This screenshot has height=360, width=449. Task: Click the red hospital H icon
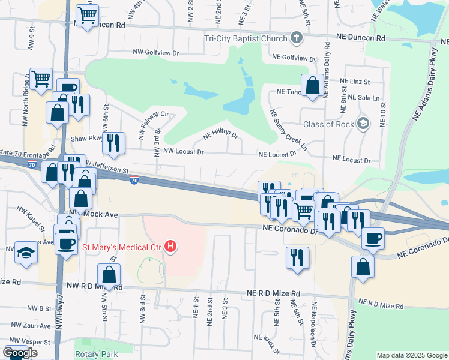click(172, 246)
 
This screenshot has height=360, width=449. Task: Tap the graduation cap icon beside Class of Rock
click(362, 124)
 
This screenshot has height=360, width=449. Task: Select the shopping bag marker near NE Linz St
click(312, 85)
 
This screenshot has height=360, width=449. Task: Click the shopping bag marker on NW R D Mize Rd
click(109, 275)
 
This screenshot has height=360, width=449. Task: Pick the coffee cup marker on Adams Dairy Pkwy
click(373, 238)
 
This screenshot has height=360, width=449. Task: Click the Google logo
click(19, 353)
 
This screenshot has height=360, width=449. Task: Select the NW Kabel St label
click(32, 219)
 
